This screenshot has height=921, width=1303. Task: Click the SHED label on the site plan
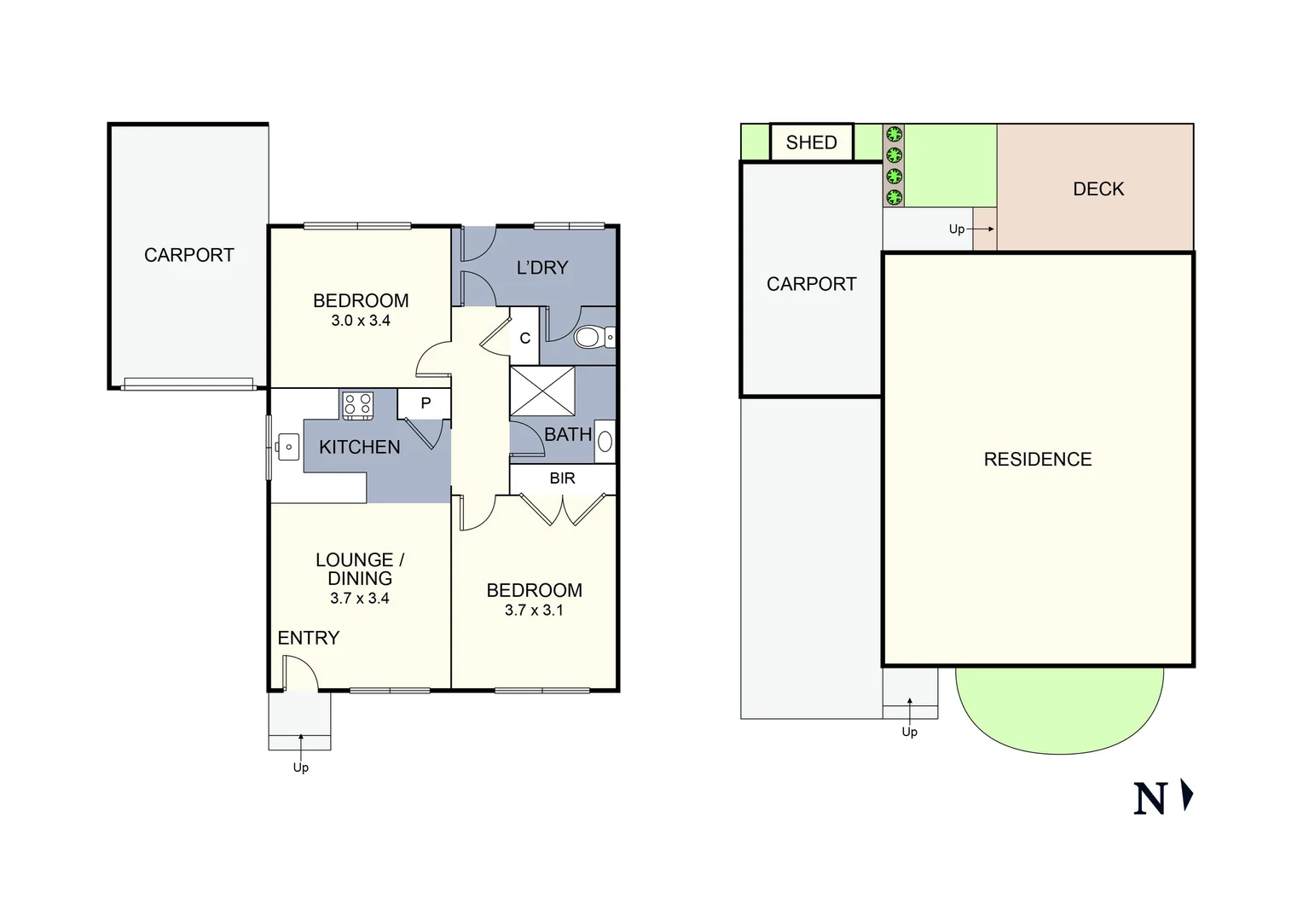click(811, 142)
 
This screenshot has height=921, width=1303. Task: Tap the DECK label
click(1098, 189)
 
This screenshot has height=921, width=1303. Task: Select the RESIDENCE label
click(1038, 460)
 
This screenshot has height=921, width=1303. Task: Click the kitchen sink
click(287, 446)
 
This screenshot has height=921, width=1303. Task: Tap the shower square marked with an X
click(542, 391)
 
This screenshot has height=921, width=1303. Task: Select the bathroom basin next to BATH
click(605, 442)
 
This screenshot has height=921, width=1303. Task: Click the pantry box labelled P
click(425, 403)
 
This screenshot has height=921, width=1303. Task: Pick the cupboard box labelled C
click(524, 339)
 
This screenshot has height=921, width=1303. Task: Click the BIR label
click(562, 478)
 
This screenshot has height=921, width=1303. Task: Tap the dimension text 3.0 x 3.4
click(361, 321)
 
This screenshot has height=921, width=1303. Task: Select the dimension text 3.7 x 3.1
click(534, 610)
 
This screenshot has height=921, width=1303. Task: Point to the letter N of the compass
click(1150, 799)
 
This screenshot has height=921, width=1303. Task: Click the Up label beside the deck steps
click(957, 229)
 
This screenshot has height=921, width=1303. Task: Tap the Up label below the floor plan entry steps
click(300, 767)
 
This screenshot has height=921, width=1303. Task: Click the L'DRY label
click(542, 268)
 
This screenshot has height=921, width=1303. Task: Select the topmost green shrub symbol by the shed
click(894, 134)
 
